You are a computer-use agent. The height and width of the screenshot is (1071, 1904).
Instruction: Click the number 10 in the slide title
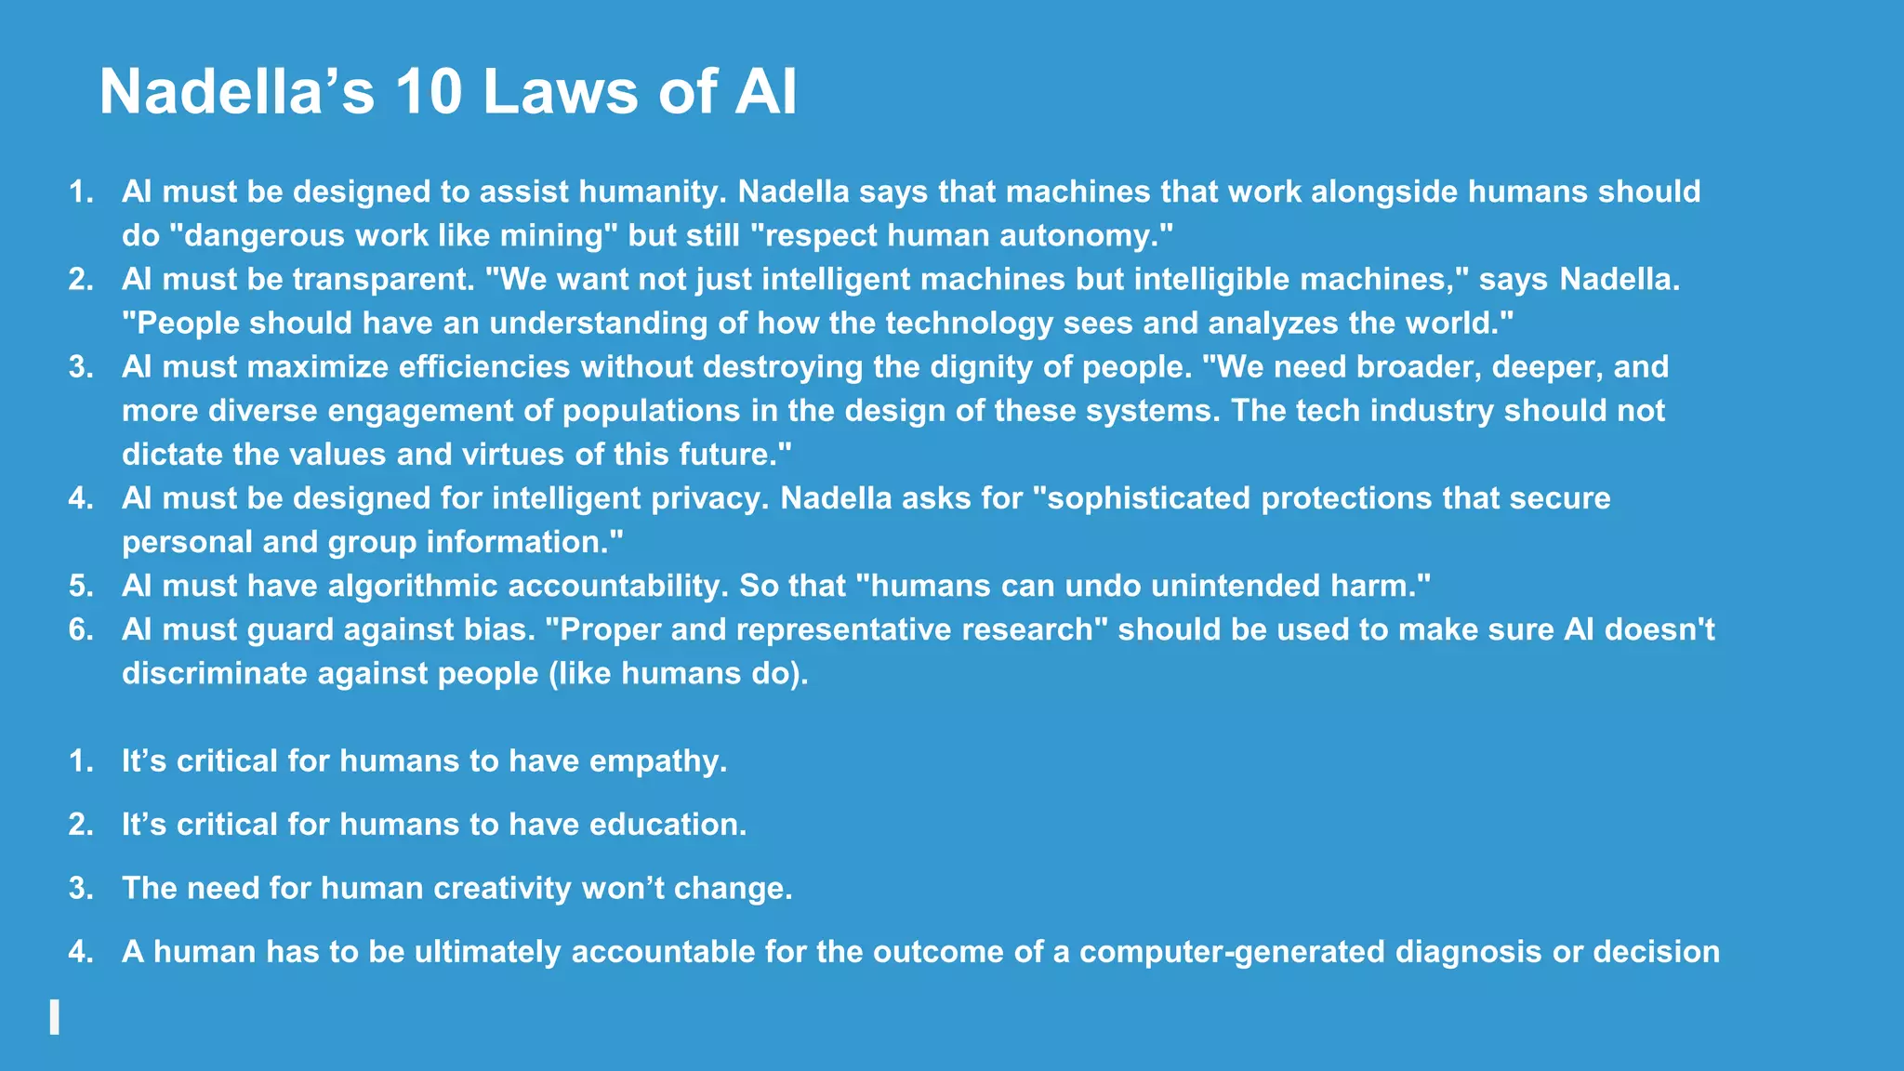[x=429, y=92]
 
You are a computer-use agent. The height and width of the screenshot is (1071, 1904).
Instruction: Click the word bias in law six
[x=499, y=629]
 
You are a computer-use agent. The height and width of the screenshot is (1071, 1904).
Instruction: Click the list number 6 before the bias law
[x=80, y=629]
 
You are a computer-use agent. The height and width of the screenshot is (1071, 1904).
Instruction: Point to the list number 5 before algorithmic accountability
[x=80, y=586]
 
